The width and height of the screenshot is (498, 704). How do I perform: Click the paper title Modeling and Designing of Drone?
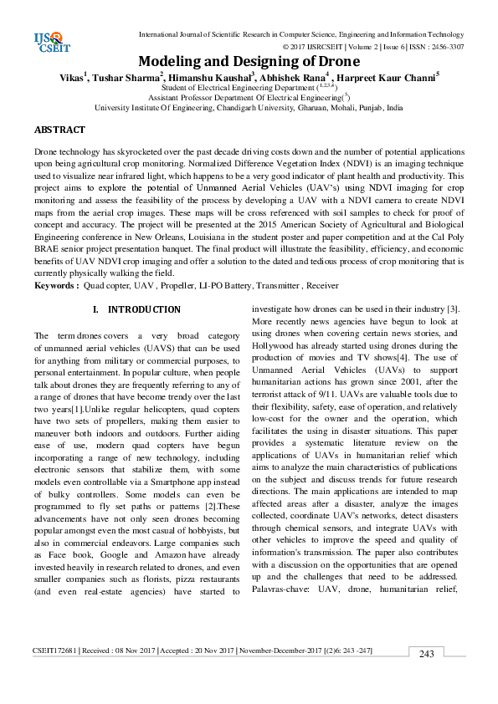[249, 62]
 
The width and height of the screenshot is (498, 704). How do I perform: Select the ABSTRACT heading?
[59, 130]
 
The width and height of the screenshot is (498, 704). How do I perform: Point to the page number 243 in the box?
[427, 653]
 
